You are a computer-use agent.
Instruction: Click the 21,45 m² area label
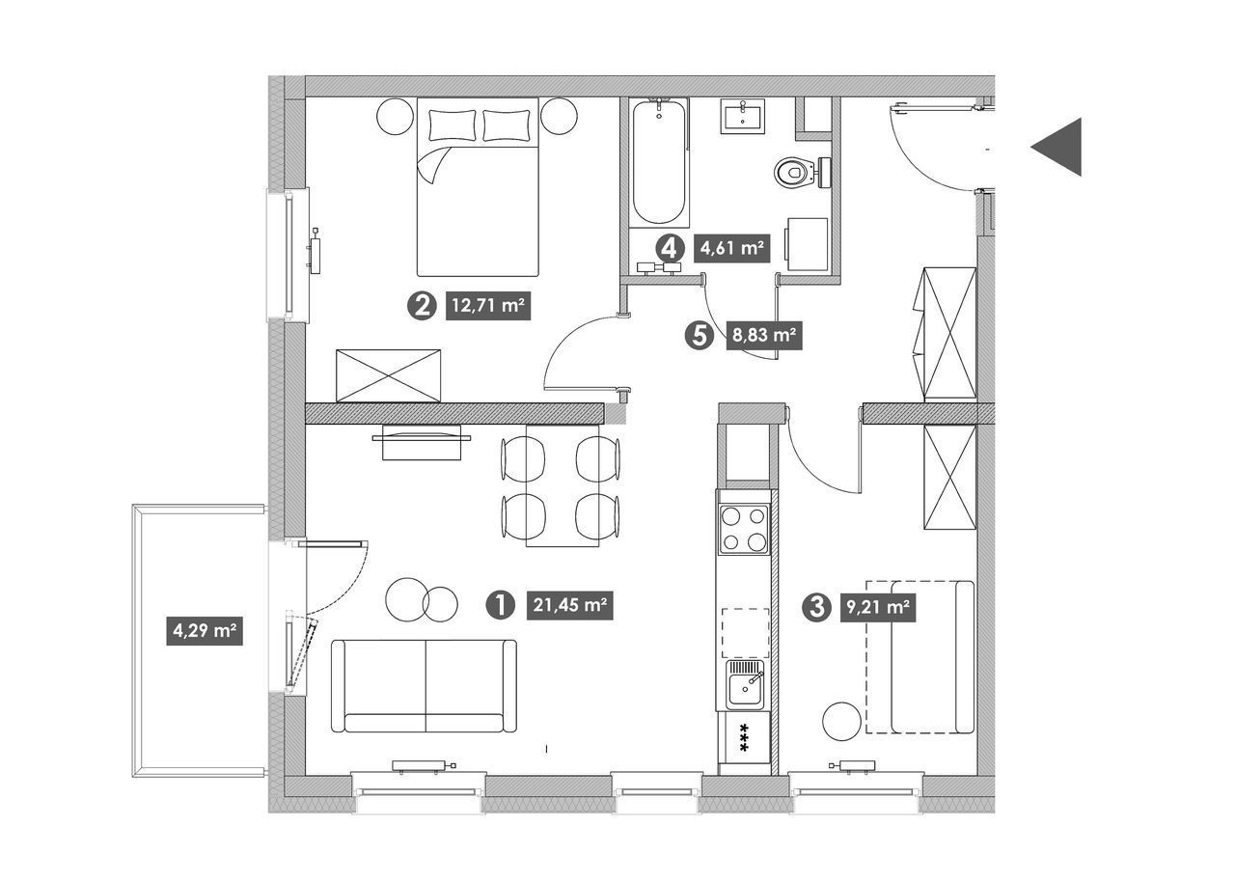[x=569, y=605]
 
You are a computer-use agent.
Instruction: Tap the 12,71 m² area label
[x=488, y=305]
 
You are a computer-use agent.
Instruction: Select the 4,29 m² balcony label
[x=205, y=630]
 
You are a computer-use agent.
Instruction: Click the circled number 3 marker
[x=817, y=607]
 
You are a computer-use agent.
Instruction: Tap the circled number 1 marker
[x=500, y=605]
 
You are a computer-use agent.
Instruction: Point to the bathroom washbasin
[x=743, y=117]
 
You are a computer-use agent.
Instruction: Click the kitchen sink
[x=745, y=684]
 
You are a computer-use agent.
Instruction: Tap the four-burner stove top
[x=744, y=529]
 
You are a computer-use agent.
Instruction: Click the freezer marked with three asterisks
[x=744, y=737]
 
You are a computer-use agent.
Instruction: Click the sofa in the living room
[x=424, y=686]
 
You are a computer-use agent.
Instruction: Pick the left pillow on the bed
[x=453, y=124]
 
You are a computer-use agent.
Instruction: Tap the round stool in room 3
[x=841, y=721]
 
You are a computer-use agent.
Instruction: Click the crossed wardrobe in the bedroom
[x=389, y=375]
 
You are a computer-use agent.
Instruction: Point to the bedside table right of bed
[x=559, y=116]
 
